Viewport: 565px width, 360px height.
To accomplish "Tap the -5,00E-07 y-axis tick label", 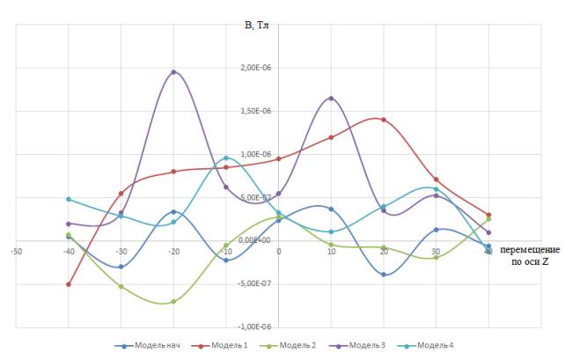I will (256, 283).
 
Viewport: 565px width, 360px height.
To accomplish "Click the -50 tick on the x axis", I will (16, 250).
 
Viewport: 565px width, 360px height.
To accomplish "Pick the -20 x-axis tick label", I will (173, 250).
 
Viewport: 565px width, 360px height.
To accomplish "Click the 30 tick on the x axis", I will (436, 250).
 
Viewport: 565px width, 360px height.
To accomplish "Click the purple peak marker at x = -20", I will (173, 72).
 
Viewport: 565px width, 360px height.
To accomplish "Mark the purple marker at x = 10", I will (331, 98).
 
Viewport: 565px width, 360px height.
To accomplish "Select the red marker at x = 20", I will (384, 120).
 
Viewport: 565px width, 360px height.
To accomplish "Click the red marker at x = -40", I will (69, 284).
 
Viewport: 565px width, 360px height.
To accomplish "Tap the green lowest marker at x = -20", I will (173, 301).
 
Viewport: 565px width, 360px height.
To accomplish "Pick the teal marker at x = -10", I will (226, 158).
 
